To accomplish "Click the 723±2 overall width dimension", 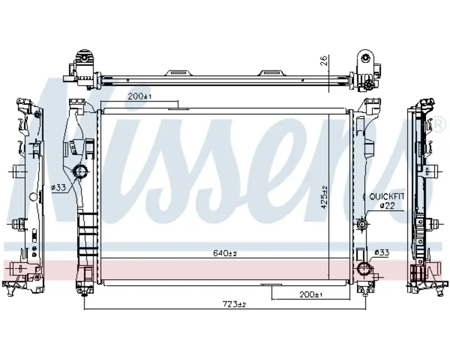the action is pyautogui.click(x=235, y=304).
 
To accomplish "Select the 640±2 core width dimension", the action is pyautogui.click(x=225, y=253).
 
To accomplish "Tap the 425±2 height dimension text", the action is pyautogui.click(x=324, y=197).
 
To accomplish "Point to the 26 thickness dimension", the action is pyautogui.click(x=324, y=61).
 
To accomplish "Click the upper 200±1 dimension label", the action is pyautogui.click(x=139, y=96).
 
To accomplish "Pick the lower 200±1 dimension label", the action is pyautogui.click(x=311, y=294).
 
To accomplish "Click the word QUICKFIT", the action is pyautogui.click(x=386, y=196).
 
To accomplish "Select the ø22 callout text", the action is pyautogui.click(x=387, y=205).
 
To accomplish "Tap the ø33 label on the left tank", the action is pyautogui.click(x=58, y=188).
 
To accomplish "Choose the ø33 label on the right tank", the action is pyautogui.click(x=382, y=252).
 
